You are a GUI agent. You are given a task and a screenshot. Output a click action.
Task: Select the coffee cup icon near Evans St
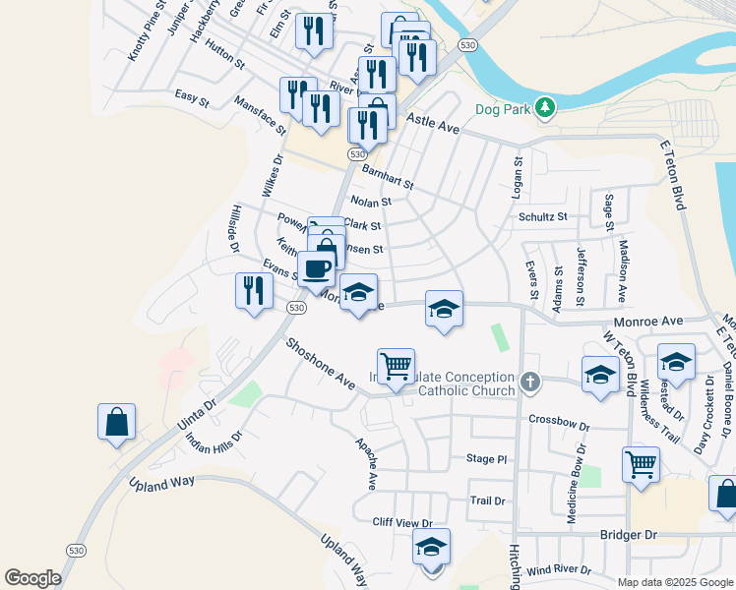pyautogui.click(x=316, y=267)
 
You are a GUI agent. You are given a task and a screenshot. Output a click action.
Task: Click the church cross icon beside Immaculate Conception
pyautogui.click(x=530, y=382)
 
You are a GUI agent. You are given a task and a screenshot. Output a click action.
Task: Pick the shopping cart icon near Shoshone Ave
pyautogui.click(x=396, y=367)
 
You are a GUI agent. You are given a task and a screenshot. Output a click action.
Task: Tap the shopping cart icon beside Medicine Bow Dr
pyautogui.click(x=641, y=465)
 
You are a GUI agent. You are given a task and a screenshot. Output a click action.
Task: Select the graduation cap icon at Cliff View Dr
pyautogui.click(x=430, y=547)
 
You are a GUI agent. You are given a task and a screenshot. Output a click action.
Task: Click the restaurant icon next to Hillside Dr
pyautogui.click(x=254, y=291)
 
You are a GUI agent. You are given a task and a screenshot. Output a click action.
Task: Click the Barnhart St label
pyautogui.click(x=388, y=177)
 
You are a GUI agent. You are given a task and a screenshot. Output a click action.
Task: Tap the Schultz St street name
pyautogui.click(x=543, y=216)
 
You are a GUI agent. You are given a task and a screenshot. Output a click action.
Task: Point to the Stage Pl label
pyautogui.click(x=486, y=459)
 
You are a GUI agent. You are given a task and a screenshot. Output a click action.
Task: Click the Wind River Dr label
pyautogui.click(x=559, y=570)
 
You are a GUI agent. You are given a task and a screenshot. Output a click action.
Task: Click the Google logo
pyautogui.click(x=32, y=578)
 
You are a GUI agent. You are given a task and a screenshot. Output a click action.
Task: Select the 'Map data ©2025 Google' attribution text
pyautogui.click(x=674, y=582)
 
